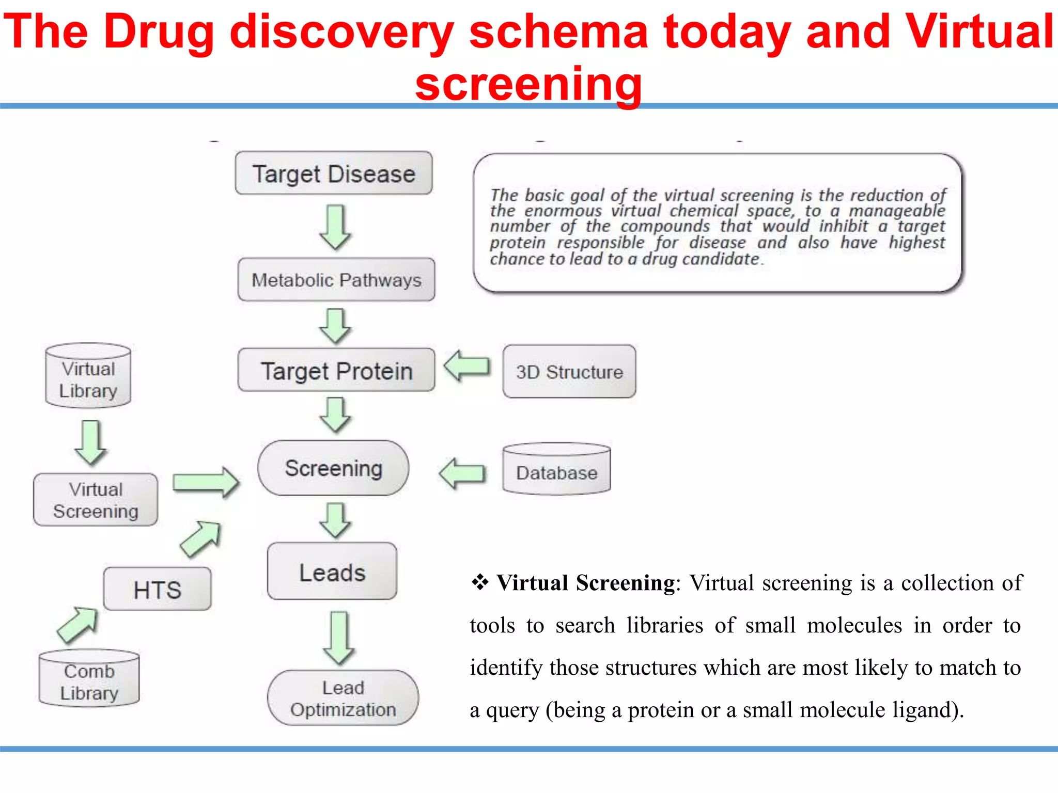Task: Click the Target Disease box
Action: (334, 173)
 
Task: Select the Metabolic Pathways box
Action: (336, 279)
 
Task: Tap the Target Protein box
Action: (336, 370)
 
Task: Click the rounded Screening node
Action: (333, 468)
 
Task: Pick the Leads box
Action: (332, 571)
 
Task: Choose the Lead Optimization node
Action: (343, 698)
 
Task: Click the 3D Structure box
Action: (569, 371)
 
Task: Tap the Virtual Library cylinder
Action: (88, 376)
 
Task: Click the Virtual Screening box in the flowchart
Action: (96, 500)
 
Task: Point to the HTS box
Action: (158, 589)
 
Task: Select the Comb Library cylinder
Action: (89, 678)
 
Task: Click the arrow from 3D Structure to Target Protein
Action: (467, 366)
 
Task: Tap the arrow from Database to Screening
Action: (462, 473)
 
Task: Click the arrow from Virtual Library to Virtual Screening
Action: (91, 441)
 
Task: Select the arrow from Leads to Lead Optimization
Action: (339, 638)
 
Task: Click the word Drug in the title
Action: (159, 32)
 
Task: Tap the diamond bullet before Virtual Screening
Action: (480, 582)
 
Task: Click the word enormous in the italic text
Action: (563, 211)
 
